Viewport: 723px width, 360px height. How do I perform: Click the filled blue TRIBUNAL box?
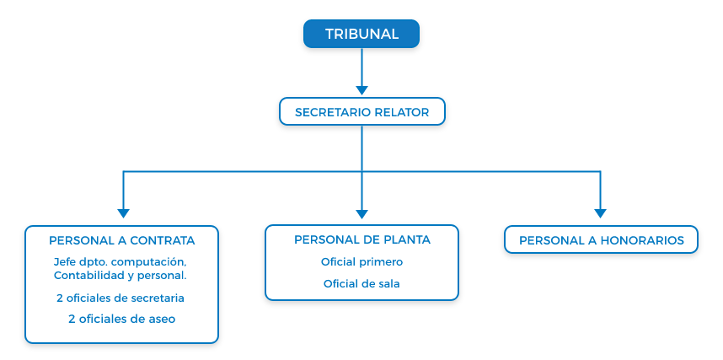click(x=361, y=34)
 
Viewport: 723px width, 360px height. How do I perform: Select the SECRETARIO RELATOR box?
click(x=362, y=111)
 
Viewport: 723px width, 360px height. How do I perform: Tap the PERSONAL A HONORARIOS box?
click(x=602, y=239)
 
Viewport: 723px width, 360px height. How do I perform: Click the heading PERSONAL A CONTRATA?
click(x=121, y=240)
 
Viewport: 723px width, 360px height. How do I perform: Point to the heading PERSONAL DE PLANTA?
click(x=362, y=239)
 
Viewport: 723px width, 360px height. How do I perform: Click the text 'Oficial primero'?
click(x=362, y=262)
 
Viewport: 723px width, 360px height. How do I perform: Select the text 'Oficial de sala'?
click(x=361, y=284)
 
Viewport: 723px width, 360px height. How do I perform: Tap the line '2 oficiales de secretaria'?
click(x=121, y=298)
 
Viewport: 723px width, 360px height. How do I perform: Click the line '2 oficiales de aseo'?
click(x=121, y=319)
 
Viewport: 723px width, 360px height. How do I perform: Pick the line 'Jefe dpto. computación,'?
click(x=121, y=262)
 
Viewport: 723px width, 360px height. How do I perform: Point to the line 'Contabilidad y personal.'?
click(x=121, y=276)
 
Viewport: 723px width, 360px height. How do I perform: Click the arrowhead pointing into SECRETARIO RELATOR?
click(x=362, y=90)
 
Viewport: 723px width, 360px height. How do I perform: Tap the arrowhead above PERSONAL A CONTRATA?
click(x=124, y=213)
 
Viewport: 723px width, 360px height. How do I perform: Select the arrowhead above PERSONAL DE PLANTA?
click(x=362, y=214)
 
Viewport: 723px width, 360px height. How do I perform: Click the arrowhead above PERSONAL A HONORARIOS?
click(x=600, y=213)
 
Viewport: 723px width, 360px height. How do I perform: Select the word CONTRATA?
click(x=163, y=240)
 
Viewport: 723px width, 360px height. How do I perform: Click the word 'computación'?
click(x=149, y=262)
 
